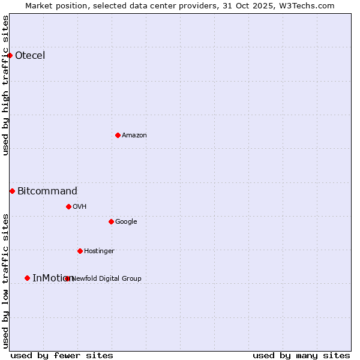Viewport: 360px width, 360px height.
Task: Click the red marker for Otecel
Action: click(x=10, y=55)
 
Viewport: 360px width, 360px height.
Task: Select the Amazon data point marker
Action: click(x=118, y=135)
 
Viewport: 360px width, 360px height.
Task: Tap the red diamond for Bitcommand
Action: click(x=12, y=191)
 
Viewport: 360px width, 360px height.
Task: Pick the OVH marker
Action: click(x=68, y=206)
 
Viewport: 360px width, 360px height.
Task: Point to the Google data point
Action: click(x=111, y=221)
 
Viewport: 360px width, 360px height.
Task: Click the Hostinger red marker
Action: click(x=80, y=251)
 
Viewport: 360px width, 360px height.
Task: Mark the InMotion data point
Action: click(x=27, y=278)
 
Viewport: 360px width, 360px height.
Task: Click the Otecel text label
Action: click(x=30, y=56)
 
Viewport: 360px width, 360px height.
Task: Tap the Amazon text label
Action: click(x=134, y=136)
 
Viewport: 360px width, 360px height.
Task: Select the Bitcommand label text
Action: click(x=47, y=191)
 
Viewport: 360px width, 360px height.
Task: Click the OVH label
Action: click(x=80, y=207)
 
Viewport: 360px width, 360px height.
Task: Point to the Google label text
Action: click(x=126, y=222)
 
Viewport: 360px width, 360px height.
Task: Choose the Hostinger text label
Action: click(x=99, y=251)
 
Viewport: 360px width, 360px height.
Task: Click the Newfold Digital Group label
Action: click(x=107, y=278)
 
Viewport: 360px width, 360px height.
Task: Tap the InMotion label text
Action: click(x=52, y=278)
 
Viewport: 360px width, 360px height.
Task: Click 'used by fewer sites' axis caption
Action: click(x=62, y=355)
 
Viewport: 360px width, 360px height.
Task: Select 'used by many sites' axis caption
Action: click(x=301, y=355)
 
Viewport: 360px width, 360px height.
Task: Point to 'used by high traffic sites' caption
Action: click(x=6, y=85)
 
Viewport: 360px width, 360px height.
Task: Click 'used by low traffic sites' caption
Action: click(x=6, y=280)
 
